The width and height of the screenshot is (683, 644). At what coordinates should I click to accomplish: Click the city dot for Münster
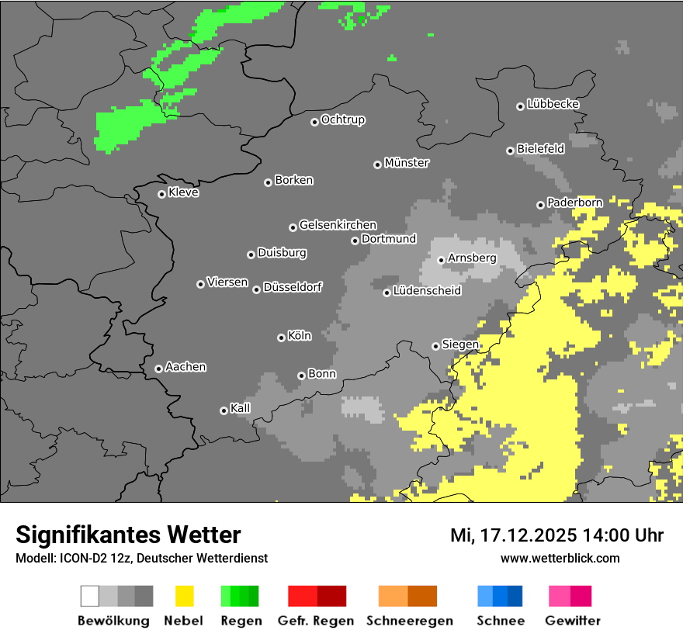(x=377, y=164)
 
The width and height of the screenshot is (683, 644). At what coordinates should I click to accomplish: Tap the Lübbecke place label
(x=553, y=104)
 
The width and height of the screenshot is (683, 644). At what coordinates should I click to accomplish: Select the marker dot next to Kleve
(x=161, y=194)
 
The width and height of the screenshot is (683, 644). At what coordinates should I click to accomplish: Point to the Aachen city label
(x=185, y=367)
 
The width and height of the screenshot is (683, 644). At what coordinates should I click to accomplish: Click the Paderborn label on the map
(x=574, y=203)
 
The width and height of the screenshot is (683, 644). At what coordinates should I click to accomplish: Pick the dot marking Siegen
(x=435, y=346)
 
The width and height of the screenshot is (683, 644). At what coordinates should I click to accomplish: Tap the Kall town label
(x=241, y=408)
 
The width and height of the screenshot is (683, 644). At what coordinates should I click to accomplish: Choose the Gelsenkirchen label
(x=338, y=225)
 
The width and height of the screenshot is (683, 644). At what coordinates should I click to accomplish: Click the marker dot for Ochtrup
(x=314, y=122)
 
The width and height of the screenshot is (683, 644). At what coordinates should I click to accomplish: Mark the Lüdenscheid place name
(x=427, y=291)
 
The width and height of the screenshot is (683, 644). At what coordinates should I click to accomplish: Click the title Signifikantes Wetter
(x=128, y=535)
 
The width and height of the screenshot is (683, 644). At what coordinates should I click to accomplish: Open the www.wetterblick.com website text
(x=560, y=558)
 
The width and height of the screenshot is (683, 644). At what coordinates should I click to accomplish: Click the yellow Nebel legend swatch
(x=183, y=596)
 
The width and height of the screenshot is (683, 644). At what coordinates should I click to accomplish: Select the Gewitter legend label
(x=573, y=621)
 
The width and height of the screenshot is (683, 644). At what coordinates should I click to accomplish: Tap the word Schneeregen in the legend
(x=410, y=621)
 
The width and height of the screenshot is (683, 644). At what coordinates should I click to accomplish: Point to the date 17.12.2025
(x=527, y=535)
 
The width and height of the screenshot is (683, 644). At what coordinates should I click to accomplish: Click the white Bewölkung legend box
(x=89, y=596)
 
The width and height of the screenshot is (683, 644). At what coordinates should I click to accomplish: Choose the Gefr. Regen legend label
(x=315, y=621)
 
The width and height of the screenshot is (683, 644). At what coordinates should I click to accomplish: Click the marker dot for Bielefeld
(x=510, y=151)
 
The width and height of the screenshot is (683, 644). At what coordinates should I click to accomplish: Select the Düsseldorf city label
(x=292, y=287)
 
